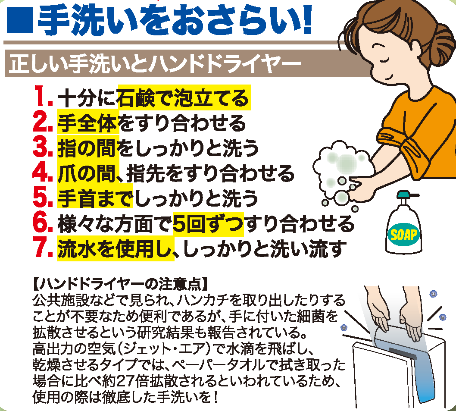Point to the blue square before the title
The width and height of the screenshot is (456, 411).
coord(20,19)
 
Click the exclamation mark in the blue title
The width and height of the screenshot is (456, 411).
coord(306,19)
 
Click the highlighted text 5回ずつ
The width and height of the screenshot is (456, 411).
coord(208,225)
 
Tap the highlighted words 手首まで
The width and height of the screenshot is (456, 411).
coord(95,198)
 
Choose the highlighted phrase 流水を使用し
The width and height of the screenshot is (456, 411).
coord(116,249)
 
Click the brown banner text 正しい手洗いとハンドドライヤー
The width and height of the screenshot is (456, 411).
coord(155,64)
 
